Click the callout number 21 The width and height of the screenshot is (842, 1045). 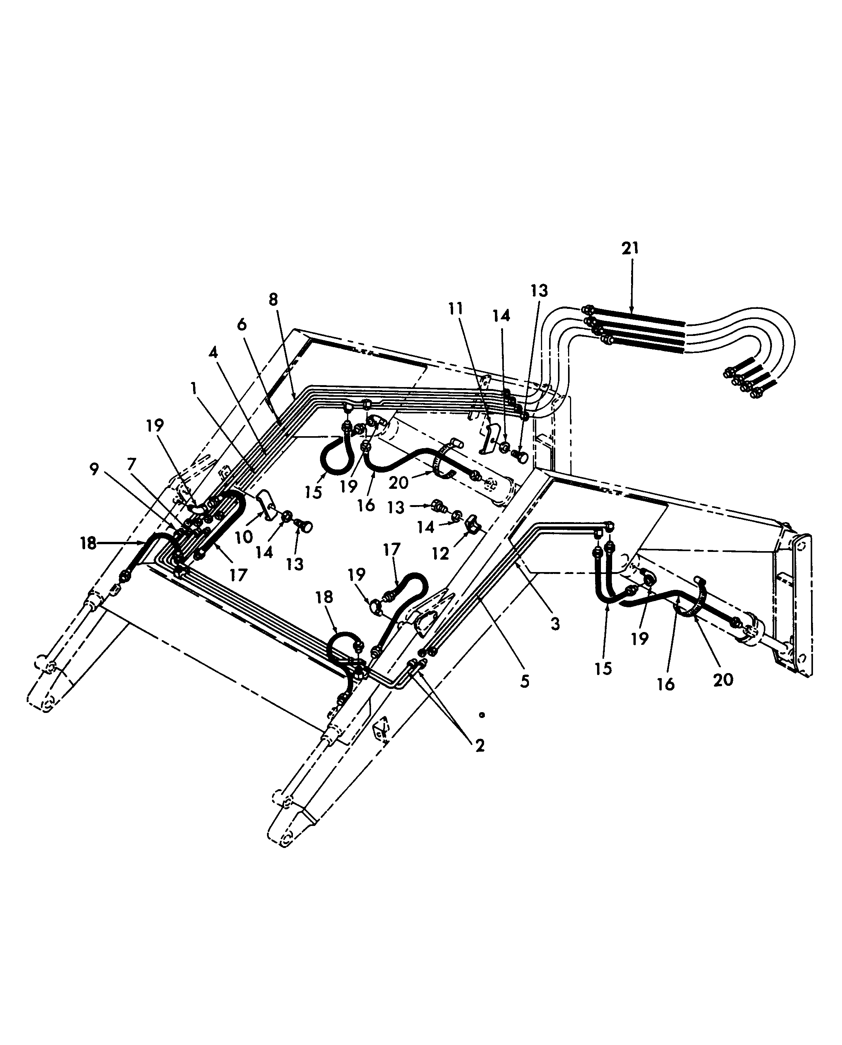[630, 249]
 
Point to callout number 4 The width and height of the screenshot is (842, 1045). [214, 353]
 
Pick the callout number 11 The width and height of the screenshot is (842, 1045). [456, 308]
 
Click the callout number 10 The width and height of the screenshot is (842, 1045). [244, 537]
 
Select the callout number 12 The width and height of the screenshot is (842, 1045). [440, 553]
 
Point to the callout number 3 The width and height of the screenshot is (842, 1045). [555, 624]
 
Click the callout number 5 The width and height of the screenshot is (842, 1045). [525, 681]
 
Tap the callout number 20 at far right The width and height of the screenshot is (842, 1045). [723, 680]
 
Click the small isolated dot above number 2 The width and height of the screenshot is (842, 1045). [482, 714]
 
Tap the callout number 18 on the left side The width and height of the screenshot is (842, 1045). [88, 543]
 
